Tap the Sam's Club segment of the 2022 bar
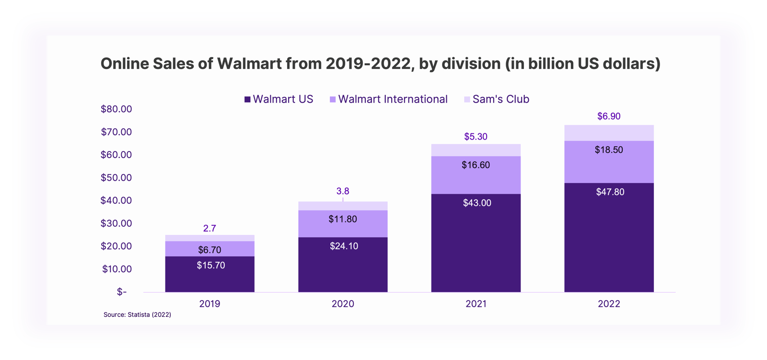pyautogui.click(x=609, y=133)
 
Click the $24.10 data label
pyautogui.click(x=344, y=246)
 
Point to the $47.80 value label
pyautogui.click(x=610, y=192)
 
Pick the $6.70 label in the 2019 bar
pyautogui.click(x=209, y=250)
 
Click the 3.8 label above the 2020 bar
pyautogui.click(x=343, y=191)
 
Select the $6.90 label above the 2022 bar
pyautogui.click(x=609, y=116)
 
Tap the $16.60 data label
pyautogui.click(x=476, y=165)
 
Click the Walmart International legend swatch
pyautogui.click(x=333, y=100)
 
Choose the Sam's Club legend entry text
pyautogui.click(x=500, y=99)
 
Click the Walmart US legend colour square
pyautogui.click(x=247, y=100)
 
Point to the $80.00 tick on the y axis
pyautogui.click(x=116, y=109)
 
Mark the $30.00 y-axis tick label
pyautogui.click(x=116, y=223)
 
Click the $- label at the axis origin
pyautogui.click(x=122, y=291)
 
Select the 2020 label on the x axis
pyautogui.click(x=343, y=303)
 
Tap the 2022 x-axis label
pyautogui.click(x=609, y=303)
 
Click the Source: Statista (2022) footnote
pyautogui.click(x=137, y=314)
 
